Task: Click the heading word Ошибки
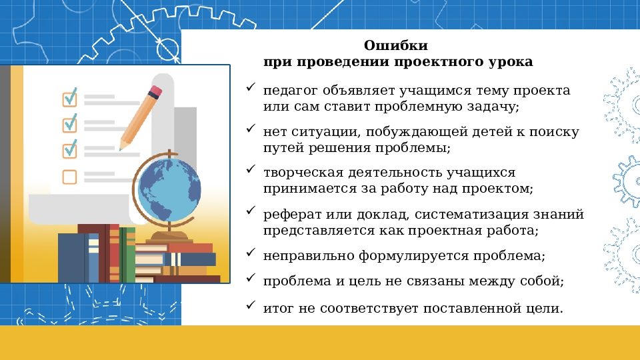[x=395, y=46]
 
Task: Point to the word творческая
[x=299, y=173]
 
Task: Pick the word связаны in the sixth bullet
[x=452, y=281]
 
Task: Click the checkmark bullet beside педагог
[x=250, y=88]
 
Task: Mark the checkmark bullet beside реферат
[x=250, y=211]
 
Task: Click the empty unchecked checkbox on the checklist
[x=70, y=177]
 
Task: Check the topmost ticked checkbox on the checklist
[x=70, y=99]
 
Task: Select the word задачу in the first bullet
[x=494, y=106]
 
